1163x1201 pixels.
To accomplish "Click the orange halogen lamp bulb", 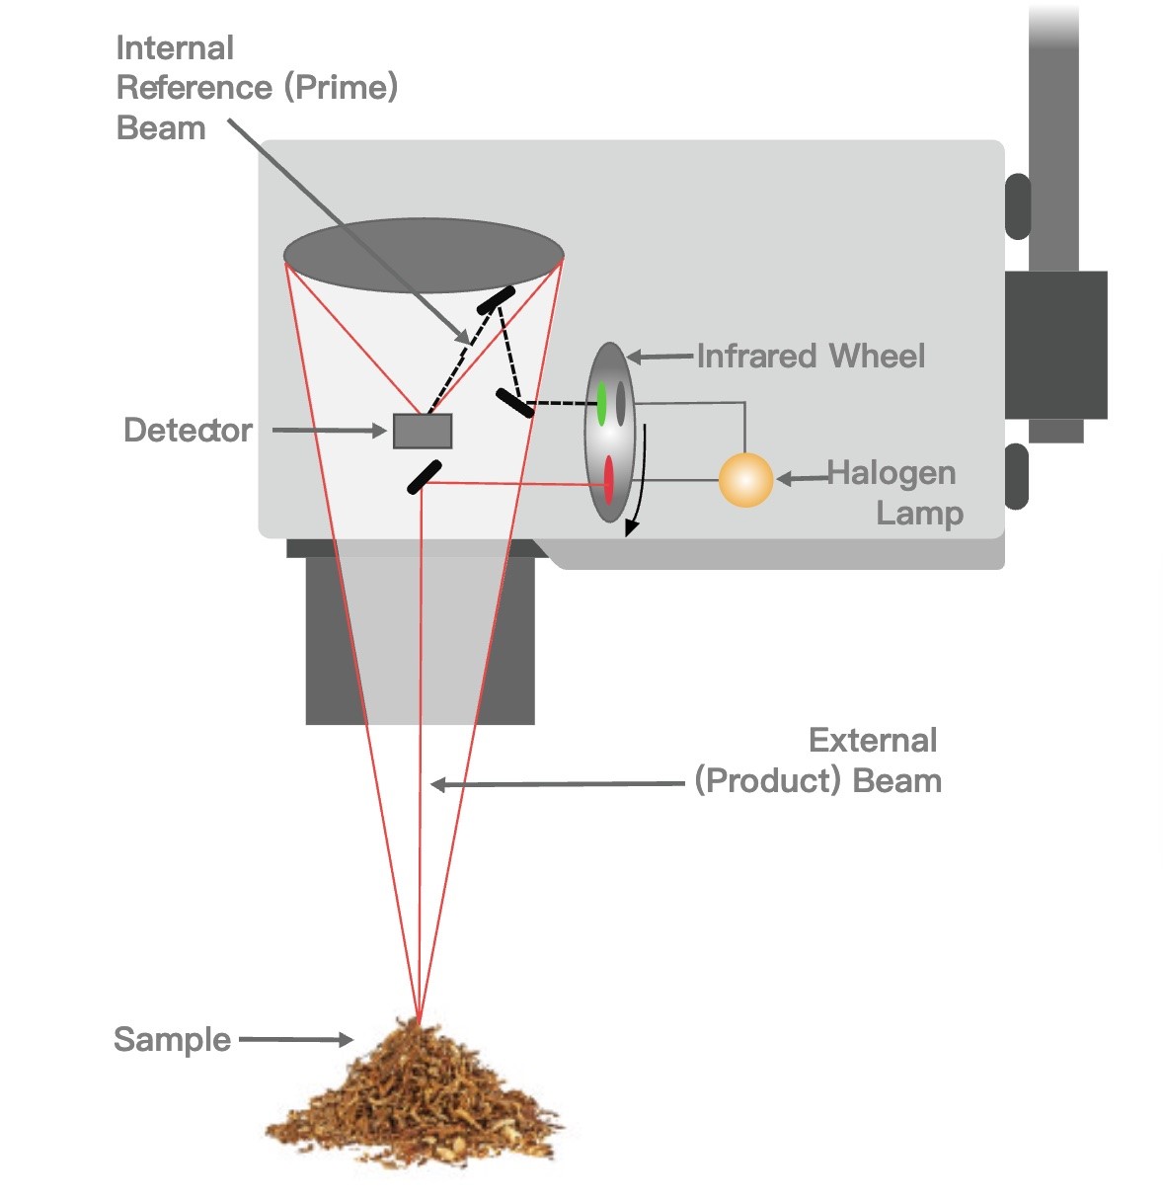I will pos(745,479).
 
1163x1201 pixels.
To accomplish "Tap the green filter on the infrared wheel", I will pos(601,403).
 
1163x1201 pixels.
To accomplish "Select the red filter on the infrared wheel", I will pos(609,479).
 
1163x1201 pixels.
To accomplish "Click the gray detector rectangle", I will pos(423,431).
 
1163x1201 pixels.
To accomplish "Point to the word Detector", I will pos(188,431).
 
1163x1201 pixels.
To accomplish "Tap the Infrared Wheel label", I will pos(811,356).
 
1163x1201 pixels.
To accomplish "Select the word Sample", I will pos(172,1039).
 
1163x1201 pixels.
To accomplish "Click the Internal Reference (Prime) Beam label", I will pos(257,88).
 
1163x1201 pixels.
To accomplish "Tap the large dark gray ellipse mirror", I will pos(424,256).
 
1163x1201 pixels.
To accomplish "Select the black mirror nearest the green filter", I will pos(515,402).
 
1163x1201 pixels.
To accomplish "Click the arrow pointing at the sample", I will pos(296,1039).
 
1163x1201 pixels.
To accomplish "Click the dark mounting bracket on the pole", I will pos(1055,345).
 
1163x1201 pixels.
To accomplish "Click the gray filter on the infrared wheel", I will pos(621,402).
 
